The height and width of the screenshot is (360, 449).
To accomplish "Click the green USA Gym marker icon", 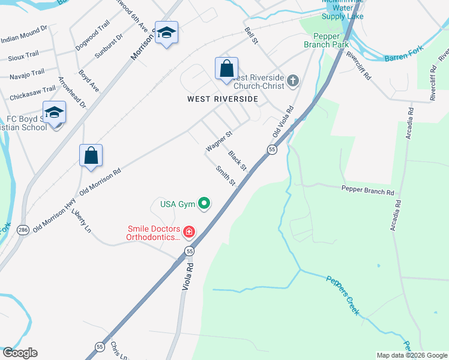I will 204,204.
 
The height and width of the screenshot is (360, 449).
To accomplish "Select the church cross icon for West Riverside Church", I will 292,81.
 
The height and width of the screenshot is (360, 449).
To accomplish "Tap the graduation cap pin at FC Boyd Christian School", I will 54,113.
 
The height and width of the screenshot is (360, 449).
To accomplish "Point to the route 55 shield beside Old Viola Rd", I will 272,149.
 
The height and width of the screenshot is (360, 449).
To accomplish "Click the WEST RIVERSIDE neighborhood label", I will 223,99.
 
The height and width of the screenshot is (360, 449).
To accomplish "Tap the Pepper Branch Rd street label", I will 367,192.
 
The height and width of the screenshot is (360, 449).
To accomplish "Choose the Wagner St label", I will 218,142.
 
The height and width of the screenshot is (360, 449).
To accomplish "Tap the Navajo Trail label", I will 26,73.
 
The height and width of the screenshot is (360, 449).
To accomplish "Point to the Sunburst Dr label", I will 109,46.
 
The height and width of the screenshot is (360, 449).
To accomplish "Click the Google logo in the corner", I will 20,353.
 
